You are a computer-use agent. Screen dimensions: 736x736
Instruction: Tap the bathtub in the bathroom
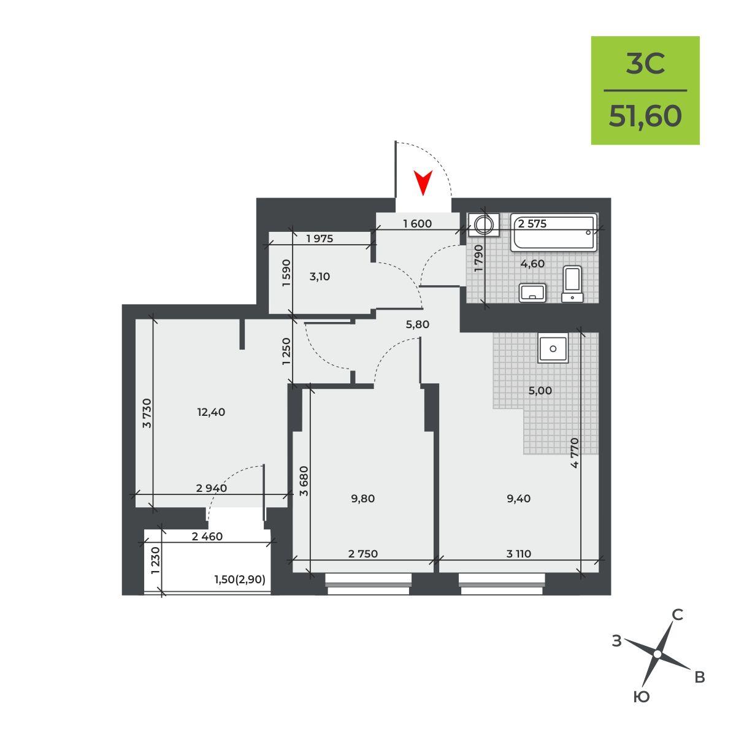553,232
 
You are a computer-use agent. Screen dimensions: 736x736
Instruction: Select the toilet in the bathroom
572,284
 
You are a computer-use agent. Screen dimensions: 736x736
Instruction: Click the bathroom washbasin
532,293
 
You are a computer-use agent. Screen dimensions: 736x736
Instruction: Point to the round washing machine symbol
484,225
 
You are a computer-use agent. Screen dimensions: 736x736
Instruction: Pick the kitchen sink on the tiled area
553,348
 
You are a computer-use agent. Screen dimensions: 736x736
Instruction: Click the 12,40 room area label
211,412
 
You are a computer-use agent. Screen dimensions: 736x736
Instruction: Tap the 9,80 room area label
362,499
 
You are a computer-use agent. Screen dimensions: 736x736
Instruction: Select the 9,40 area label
518,499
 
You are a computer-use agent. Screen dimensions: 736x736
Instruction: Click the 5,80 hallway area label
418,324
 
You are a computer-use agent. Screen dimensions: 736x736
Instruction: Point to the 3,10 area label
320,277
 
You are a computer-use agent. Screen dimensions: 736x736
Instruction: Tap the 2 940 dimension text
211,488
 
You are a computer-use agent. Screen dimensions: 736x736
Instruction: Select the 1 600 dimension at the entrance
418,223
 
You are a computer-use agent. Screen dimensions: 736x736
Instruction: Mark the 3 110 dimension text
519,553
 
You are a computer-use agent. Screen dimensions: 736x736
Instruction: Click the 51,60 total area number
645,116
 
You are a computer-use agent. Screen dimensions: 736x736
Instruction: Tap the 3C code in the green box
645,64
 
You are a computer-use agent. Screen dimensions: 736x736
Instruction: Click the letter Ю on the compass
642,697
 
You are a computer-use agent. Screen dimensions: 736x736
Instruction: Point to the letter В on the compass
699,677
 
